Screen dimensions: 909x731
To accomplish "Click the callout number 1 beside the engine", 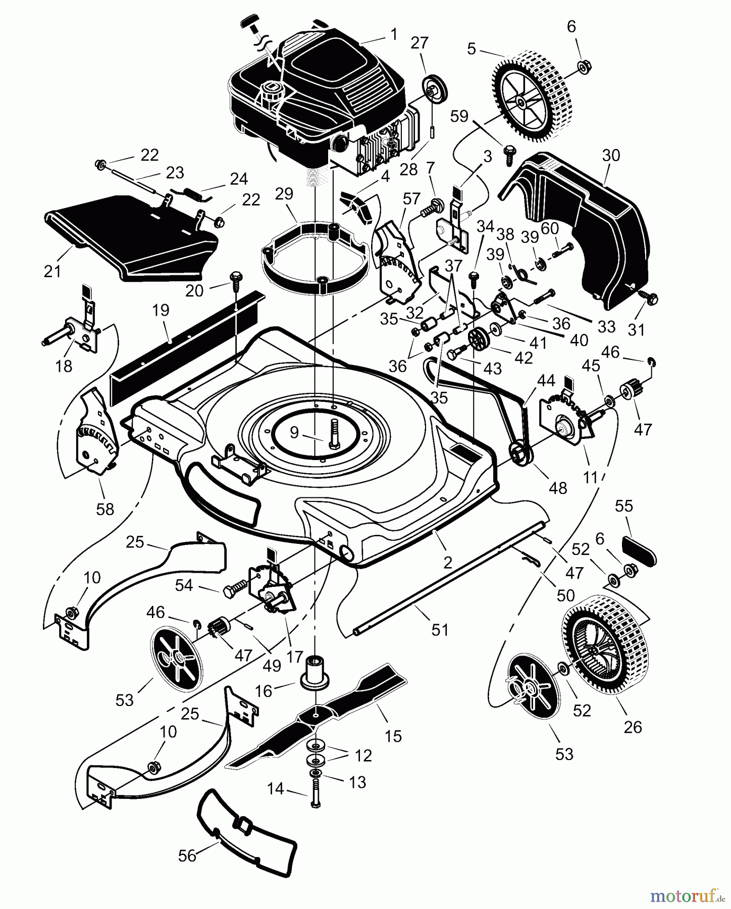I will point(393,34).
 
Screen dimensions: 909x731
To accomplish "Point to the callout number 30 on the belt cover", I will point(611,156).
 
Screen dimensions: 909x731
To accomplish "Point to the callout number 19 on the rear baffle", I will point(161,310).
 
